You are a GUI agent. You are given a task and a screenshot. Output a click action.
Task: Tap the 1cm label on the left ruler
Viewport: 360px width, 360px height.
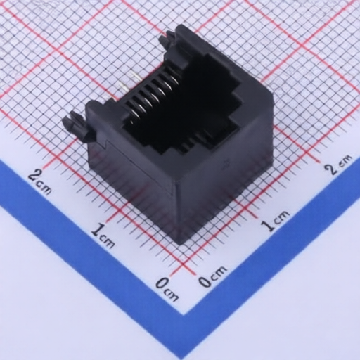103,236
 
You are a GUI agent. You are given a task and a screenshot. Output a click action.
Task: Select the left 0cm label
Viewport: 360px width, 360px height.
167,289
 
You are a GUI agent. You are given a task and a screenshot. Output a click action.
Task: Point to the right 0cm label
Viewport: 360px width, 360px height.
212,276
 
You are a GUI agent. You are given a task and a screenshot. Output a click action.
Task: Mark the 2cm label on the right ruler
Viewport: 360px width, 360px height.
339,164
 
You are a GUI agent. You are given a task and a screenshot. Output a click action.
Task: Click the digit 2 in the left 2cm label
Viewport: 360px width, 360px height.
34,176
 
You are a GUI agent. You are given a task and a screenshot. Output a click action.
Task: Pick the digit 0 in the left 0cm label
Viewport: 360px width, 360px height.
162,283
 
